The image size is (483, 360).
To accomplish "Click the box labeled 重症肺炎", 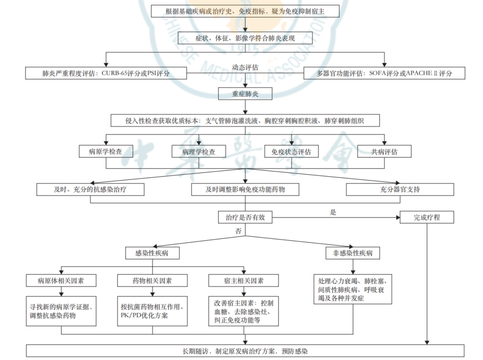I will pyautogui.click(x=245, y=94).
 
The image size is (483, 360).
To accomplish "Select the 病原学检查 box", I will pyautogui.click(x=105, y=152).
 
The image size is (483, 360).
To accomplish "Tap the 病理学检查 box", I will pyautogui.click(x=199, y=152).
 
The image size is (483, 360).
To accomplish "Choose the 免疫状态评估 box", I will pyautogui.click(x=291, y=152).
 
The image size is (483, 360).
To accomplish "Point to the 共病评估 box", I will pyautogui.click(x=384, y=152).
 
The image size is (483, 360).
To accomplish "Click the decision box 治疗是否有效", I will pyautogui.click(x=245, y=217).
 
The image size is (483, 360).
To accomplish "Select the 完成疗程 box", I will pyautogui.click(x=427, y=217).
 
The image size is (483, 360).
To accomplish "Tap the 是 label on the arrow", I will pyautogui.click(x=333, y=212).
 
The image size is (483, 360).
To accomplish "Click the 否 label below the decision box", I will pyautogui.click(x=238, y=231).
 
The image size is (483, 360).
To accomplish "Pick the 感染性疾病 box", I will pyautogui.click(x=152, y=253).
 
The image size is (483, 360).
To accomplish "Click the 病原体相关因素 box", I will pyautogui.click(x=61, y=280).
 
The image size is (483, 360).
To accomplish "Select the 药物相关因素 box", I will pyautogui.click(x=152, y=280).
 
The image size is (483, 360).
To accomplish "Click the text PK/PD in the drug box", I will pyautogui.click(x=132, y=315).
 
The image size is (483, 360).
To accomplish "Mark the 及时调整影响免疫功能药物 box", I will pyautogui.click(x=245, y=189).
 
